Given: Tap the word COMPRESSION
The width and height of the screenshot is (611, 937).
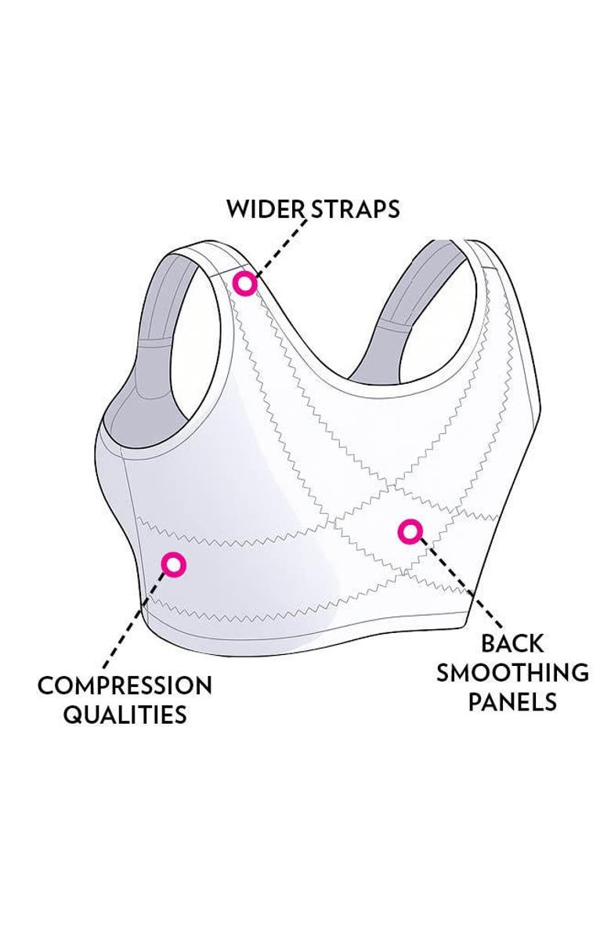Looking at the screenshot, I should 125,686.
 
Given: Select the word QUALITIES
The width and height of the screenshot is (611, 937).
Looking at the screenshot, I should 125,715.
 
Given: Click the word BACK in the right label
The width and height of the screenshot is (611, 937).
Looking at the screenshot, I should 512,643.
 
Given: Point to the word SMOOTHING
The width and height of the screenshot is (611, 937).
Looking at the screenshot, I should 512,672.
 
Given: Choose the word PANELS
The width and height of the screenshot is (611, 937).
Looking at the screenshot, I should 512,701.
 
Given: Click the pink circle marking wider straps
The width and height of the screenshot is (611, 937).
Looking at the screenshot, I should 246,284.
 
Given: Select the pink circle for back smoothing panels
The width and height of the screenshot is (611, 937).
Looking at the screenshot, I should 409,533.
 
